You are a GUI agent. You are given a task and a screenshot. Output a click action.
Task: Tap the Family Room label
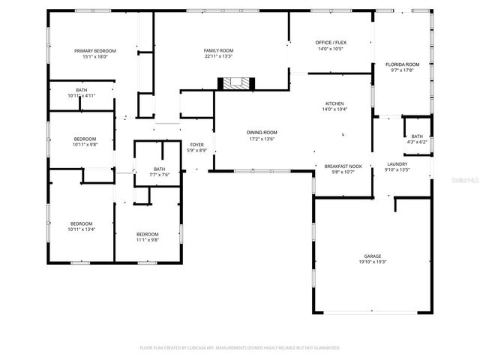(x=218, y=50)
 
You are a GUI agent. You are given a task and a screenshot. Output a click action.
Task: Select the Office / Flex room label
(x=330, y=43)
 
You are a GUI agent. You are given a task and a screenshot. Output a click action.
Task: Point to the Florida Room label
(x=403, y=64)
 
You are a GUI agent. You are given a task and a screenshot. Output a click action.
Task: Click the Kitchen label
(x=334, y=103)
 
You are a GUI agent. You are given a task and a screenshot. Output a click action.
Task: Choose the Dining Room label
(x=262, y=133)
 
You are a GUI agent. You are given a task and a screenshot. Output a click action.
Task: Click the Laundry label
(x=397, y=164)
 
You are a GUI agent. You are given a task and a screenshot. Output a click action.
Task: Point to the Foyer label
(x=196, y=145)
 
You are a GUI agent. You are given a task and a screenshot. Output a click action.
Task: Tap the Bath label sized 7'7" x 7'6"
(x=159, y=169)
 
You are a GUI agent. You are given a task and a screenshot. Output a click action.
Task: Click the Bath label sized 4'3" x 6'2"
(x=417, y=136)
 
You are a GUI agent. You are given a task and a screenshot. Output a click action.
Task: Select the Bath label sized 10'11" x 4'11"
(x=81, y=90)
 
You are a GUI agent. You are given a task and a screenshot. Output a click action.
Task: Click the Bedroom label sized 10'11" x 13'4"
(x=81, y=223)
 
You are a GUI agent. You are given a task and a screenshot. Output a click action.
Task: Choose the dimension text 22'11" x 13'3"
(x=218, y=56)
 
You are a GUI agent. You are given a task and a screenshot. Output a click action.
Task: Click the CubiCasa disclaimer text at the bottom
(x=240, y=348)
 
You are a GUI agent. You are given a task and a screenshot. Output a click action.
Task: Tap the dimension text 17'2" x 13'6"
(x=262, y=139)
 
